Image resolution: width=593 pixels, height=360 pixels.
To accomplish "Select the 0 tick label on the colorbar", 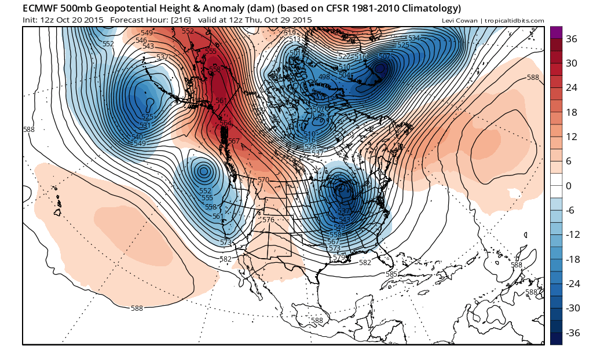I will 568,186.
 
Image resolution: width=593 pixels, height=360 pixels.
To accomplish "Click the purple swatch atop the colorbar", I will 556,32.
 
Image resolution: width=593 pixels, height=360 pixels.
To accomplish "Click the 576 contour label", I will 268,220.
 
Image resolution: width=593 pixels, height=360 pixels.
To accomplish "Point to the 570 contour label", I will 263,181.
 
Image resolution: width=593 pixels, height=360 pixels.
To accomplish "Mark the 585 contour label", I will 391,274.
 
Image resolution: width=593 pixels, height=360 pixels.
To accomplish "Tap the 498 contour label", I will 324,77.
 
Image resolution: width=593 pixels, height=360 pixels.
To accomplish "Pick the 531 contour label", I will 145,125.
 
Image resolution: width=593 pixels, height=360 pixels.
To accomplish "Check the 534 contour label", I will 413,38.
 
